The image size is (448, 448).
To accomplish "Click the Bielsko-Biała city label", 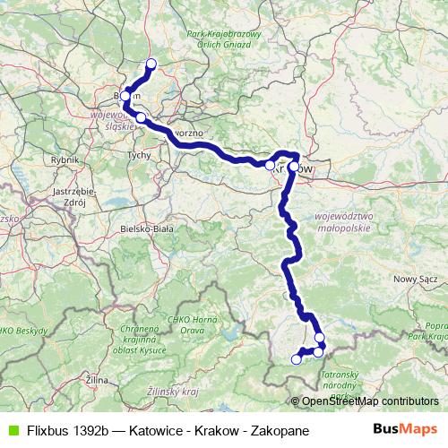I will [149, 228].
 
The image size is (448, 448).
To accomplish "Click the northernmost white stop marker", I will [151, 63].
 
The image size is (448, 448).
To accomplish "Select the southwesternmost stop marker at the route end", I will [297, 359].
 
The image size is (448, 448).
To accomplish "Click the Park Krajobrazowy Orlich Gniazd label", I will [223, 41].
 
